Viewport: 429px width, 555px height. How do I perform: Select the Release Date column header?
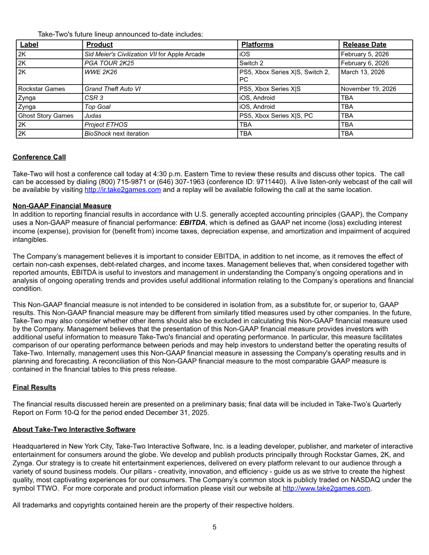point(364,45)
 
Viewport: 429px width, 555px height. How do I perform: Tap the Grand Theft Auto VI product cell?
point(113,89)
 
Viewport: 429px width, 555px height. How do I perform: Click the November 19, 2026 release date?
point(368,89)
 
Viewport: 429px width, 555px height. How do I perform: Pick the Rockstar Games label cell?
point(41,89)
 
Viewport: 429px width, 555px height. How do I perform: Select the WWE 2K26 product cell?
point(101,72)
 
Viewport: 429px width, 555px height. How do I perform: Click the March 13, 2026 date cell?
point(363,72)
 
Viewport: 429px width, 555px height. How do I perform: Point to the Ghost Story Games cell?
point(46,115)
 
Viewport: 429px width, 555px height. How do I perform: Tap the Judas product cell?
point(94,115)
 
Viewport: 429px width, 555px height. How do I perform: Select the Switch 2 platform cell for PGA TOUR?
point(251,63)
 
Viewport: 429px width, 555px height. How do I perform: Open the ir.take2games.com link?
point(123,190)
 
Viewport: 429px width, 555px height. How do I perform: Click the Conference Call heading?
point(39,157)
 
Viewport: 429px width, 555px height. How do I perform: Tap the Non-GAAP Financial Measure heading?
point(62,205)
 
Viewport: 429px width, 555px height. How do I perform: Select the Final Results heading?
point(34,387)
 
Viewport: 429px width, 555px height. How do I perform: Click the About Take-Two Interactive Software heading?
point(74,430)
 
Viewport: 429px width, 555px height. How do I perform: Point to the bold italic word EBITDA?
point(193,222)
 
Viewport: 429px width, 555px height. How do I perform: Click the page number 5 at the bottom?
point(214,527)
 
